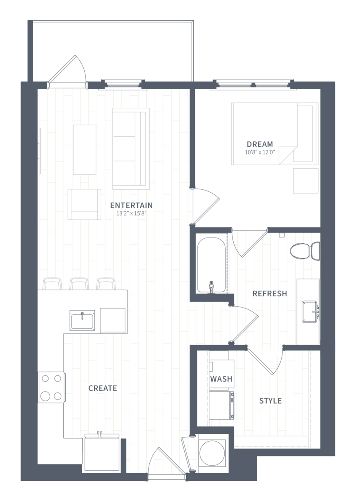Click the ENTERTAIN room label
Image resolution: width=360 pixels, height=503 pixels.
(131, 205)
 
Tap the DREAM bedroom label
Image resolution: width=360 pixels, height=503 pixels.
(260, 144)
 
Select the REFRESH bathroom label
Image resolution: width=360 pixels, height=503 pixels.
(270, 294)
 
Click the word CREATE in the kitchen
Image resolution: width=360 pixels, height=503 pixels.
(102, 388)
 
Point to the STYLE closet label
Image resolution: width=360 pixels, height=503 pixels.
(270, 401)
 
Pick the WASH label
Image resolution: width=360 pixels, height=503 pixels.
(221, 379)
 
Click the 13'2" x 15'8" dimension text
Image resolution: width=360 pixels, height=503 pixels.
(131, 213)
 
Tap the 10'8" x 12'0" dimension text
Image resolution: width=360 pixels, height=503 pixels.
(260, 152)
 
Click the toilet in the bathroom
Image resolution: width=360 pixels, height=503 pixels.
(305, 251)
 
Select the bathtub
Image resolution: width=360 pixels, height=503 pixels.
(211, 265)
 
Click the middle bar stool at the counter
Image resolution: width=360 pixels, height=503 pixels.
(79, 284)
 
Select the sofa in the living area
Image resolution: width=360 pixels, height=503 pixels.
(131, 149)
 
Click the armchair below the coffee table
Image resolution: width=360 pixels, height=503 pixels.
(85, 204)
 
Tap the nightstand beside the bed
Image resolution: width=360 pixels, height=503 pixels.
(306, 181)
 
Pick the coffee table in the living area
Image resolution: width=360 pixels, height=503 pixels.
(85, 150)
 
